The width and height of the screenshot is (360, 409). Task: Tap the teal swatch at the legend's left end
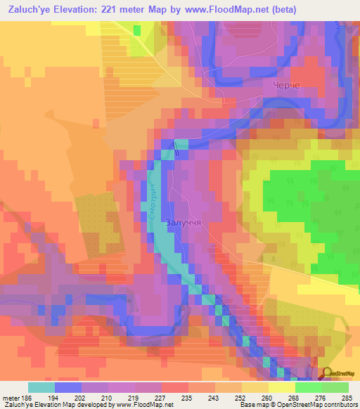coord(41,387)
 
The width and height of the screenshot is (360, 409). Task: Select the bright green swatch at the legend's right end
coord(335,387)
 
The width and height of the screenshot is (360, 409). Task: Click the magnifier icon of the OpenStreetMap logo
coord(327,374)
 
